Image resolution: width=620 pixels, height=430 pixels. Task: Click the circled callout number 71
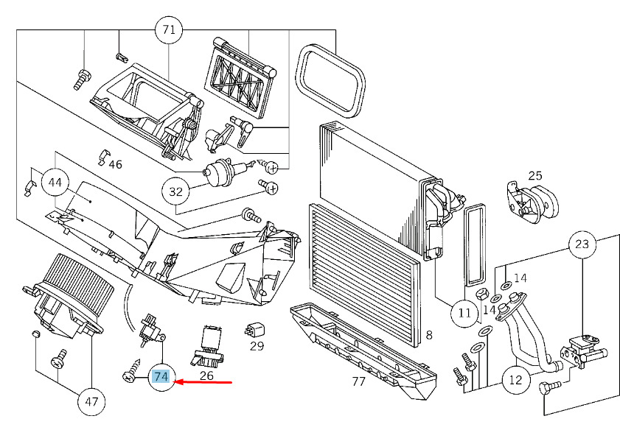(169, 30)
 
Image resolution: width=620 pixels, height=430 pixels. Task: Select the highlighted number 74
(161, 377)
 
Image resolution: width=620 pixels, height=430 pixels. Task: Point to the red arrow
(203, 382)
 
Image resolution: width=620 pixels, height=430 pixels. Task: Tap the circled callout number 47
(91, 401)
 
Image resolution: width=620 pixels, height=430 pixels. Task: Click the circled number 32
(176, 191)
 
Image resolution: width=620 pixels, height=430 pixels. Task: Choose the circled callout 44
(55, 183)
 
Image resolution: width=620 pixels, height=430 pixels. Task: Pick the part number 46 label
(115, 164)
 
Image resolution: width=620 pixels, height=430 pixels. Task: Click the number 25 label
(535, 176)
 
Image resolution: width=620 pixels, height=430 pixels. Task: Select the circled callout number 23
(582, 244)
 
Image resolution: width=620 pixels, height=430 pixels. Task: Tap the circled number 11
(464, 313)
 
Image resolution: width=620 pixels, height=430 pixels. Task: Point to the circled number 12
(515, 380)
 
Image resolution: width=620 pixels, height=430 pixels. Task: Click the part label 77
(358, 381)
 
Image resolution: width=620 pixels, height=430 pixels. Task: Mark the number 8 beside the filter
(429, 335)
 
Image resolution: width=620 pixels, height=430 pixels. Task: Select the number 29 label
(257, 346)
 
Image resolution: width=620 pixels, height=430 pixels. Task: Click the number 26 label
(206, 376)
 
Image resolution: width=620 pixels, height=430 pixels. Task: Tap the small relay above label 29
(254, 330)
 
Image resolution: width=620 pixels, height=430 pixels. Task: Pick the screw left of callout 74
(132, 371)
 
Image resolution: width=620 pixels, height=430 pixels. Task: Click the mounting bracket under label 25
(532, 202)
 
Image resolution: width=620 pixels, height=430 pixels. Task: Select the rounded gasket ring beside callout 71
(330, 81)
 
